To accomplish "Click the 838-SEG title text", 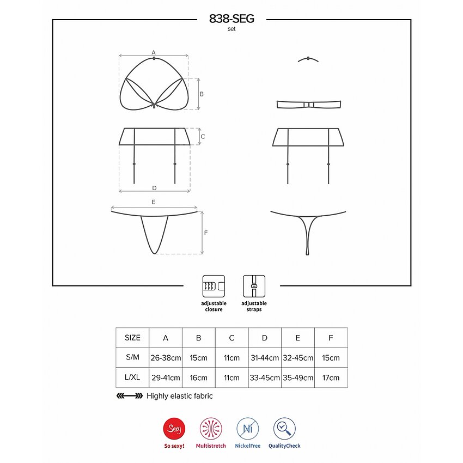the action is [x=231, y=19].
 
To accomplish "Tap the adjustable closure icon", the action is [x=214, y=286].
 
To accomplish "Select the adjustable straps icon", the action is [x=254, y=286].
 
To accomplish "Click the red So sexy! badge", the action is [x=174, y=429].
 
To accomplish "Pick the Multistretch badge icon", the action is [x=211, y=429].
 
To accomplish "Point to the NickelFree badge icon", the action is [x=247, y=429].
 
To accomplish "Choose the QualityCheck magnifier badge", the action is [x=284, y=429].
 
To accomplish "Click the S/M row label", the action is [x=132, y=357].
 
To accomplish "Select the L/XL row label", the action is [x=132, y=377].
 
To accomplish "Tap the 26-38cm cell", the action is [x=166, y=358].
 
